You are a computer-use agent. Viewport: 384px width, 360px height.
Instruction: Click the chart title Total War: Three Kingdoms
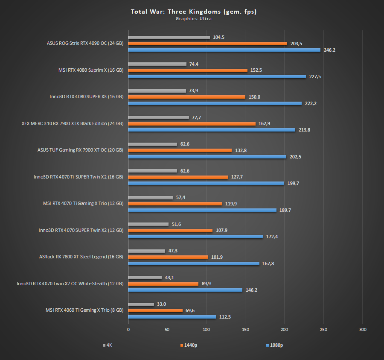coord(193,12)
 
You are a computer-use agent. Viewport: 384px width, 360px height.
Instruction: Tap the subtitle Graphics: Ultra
coord(193,18)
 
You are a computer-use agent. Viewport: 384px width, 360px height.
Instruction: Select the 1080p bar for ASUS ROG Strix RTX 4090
coord(224,50)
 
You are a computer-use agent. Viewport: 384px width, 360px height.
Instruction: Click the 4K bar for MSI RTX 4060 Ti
coord(141,304)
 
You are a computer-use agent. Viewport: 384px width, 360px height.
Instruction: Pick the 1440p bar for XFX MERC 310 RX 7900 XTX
coord(192,123)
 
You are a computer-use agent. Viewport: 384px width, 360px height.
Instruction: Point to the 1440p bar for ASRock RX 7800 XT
coord(168,257)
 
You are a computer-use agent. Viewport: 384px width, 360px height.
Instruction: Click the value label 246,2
coord(329,50)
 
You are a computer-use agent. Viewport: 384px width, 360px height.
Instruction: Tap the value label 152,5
coord(256,70)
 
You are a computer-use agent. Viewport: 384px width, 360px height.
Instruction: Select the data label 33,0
coord(162,304)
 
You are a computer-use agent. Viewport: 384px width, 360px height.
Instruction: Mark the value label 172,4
coord(272,237)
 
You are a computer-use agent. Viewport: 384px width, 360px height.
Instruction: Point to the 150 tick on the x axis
coord(245,330)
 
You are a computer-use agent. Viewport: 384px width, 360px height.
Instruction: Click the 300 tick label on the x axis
coord(362,330)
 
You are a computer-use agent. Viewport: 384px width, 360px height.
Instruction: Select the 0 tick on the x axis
coord(128,330)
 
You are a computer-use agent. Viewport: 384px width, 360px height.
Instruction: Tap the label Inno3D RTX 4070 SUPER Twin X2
coord(81,230)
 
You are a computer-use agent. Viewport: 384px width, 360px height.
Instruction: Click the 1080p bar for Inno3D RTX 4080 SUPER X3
coord(215,103)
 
